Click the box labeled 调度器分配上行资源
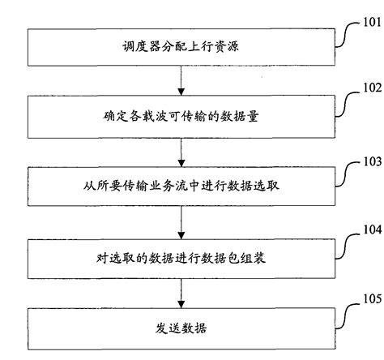(180, 48)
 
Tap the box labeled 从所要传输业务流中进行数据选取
(180, 187)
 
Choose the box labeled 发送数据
(180, 328)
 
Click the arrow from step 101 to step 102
(180, 81)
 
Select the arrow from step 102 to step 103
(180, 152)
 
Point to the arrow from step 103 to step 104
(180, 221)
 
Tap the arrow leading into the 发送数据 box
(180, 292)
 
